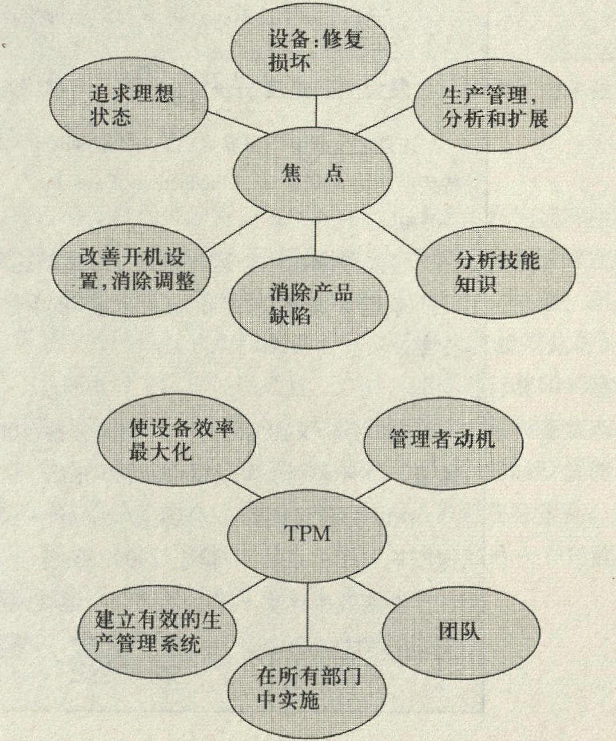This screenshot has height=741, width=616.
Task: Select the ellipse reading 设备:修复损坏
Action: pyautogui.click(x=311, y=49)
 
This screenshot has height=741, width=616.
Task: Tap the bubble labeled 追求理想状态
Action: pyautogui.click(x=129, y=103)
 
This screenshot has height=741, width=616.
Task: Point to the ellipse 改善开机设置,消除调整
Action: pyautogui.click(x=131, y=270)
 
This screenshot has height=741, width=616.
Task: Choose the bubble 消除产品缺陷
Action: pyautogui.click(x=308, y=302)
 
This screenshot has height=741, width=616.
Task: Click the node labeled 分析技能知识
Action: pyautogui.click(x=496, y=272)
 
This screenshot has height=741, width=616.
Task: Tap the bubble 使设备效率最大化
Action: pyautogui.click(x=177, y=440)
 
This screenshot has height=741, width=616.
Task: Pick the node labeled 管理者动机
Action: pyautogui.click(x=443, y=444)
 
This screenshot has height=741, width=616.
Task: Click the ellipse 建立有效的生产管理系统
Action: pyautogui.click(x=157, y=632)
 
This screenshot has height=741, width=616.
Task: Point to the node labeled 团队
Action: pyautogui.click(x=461, y=632)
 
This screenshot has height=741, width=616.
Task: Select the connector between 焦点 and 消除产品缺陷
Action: pyautogui.click(x=316, y=238)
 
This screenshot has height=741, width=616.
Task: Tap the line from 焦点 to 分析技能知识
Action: pyautogui.click(x=390, y=233)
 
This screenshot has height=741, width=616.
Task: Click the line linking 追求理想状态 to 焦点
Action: pyautogui.click(x=237, y=122)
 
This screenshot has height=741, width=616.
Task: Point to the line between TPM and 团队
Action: pyautogui.click(x=371, y=591)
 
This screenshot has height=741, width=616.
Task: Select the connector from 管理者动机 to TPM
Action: pyautogui.click(x=373, y=489)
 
